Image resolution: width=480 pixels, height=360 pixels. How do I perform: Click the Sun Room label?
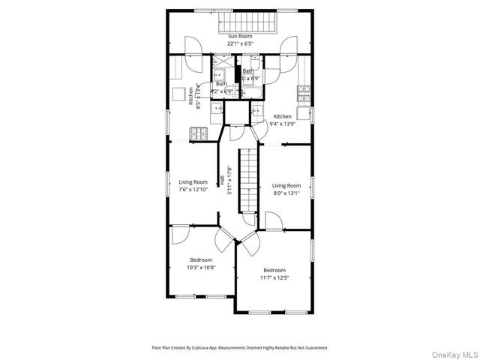(x=240, y=36)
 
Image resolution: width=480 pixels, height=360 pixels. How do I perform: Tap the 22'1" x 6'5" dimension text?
(x=240, y=43)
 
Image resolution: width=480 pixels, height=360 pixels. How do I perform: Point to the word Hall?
(x=223, y=181)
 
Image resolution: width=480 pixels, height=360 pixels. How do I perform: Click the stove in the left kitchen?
(x=197, y=133)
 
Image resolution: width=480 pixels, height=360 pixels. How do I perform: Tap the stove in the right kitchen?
(x=304, y=94)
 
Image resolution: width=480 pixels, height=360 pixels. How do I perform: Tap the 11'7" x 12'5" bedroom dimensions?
(x=274, y=277)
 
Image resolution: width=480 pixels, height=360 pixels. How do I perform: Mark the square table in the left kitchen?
(x=179, y=94)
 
